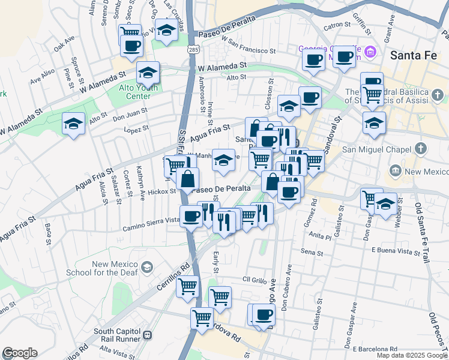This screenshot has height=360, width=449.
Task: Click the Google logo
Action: (19, 353)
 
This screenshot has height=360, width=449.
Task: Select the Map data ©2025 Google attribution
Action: (412, 355)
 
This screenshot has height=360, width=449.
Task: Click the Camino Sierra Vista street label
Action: (151, 224)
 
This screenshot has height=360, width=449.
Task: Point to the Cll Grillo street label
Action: (254, 280)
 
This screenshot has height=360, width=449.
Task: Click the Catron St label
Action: (337, 25)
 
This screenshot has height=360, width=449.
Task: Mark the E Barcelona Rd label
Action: (375, 349)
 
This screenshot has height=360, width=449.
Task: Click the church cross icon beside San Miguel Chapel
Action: (421, 148)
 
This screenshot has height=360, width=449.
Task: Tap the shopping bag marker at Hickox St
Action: (188, 178)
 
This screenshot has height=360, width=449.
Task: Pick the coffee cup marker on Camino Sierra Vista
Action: (191, 216)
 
